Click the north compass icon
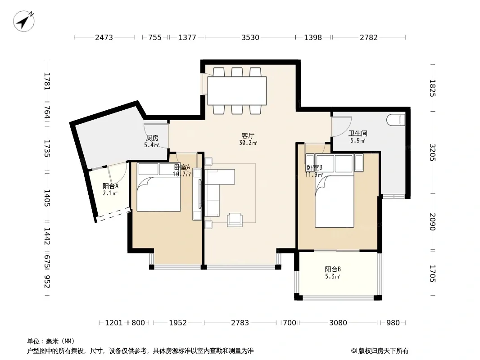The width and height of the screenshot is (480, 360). [23, 21]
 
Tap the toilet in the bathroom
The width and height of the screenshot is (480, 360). [396, 120]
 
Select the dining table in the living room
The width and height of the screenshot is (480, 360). [237, 91]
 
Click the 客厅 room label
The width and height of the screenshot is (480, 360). [248, 135]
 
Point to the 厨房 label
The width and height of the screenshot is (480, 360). [152, 138]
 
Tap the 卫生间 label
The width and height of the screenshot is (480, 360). [358, 133]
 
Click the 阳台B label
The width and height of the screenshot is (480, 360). [333, 269]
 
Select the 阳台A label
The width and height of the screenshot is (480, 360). [110, 186]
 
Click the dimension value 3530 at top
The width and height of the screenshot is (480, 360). [250, 37]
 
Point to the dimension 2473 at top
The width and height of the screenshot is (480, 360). [104, 37]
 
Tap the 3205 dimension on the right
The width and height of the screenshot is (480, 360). [432, 152]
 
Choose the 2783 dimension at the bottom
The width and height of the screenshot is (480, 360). [240, 323]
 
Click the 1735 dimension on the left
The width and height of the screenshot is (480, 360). [47, 148]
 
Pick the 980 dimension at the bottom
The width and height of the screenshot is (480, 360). [393, 323]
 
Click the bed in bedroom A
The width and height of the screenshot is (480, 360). [158, 187]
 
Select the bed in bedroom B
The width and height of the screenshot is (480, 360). [334, 191]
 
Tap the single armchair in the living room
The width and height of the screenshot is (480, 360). [235, 220]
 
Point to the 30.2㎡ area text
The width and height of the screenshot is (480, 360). [248, 143]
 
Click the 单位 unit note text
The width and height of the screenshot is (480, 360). [50, 342]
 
